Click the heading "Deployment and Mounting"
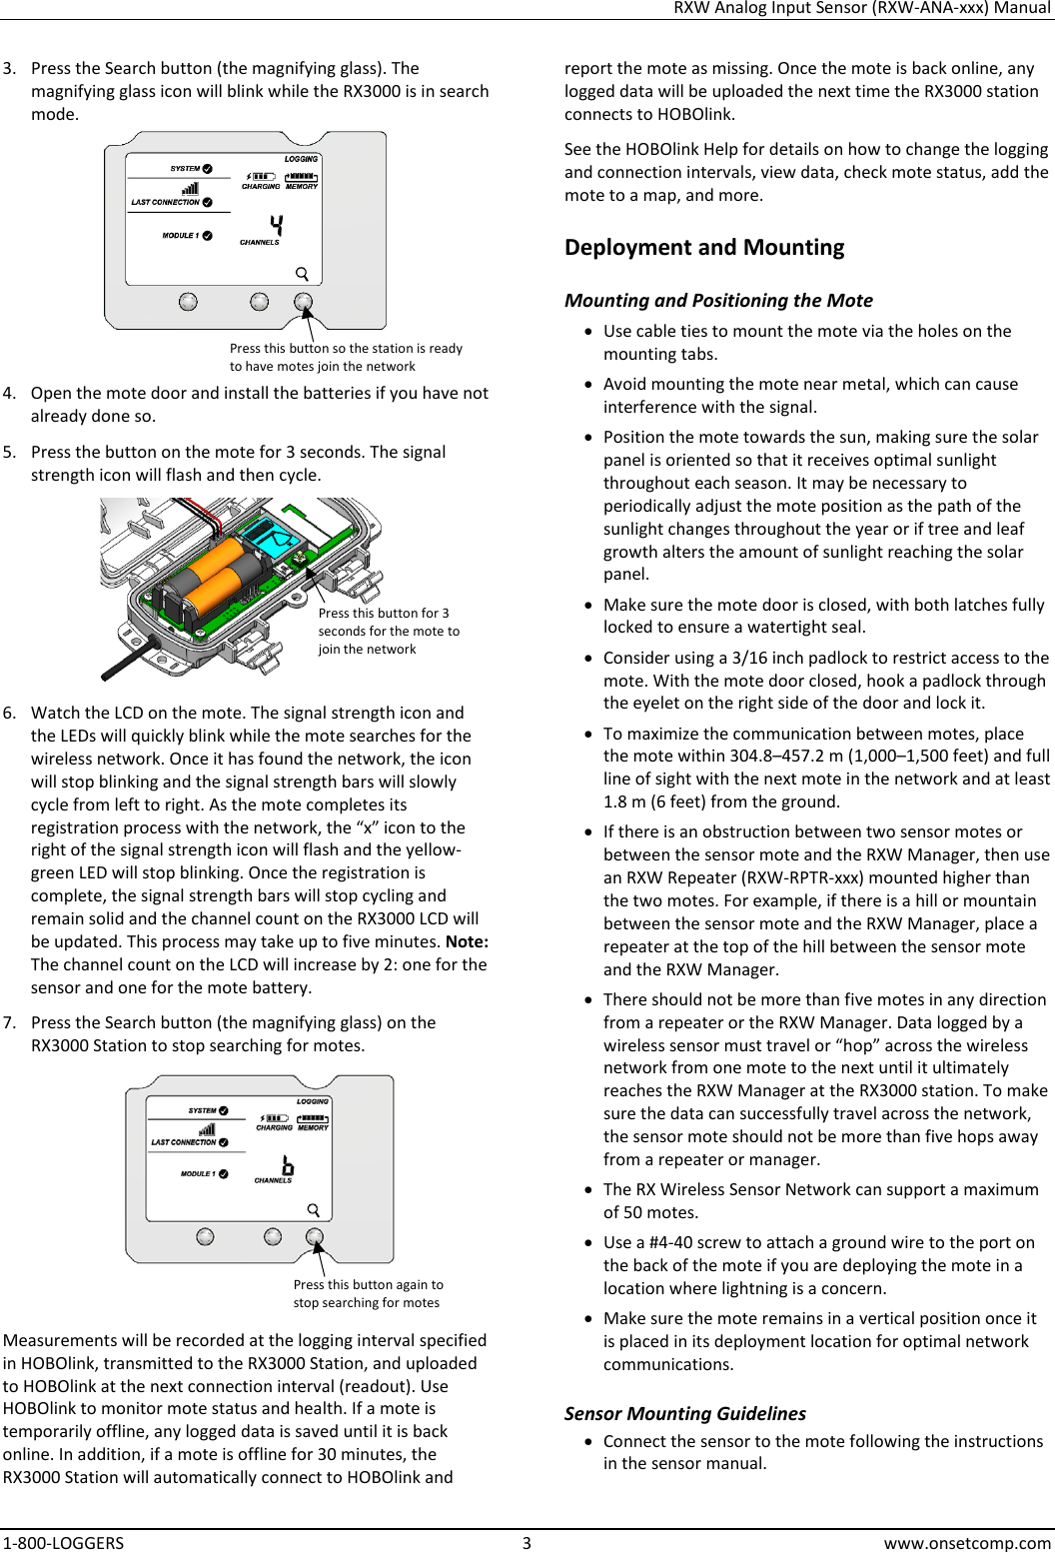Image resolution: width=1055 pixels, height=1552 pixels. (x=703, y=247)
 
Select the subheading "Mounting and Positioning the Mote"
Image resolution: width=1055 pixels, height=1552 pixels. (x=718, y=300)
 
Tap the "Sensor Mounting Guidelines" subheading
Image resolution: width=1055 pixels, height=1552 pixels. (x=684, y=1413)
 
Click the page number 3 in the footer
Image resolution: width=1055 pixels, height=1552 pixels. (x=527, y=1541)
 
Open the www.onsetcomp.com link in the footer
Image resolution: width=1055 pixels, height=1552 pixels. (x=968, y=1541)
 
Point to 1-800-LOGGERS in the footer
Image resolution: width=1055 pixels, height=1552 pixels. (x=64, y=1541)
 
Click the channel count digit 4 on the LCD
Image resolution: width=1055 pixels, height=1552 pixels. (x=275, y=225)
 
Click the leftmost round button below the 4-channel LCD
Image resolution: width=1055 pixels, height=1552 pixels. (x=188, y=302)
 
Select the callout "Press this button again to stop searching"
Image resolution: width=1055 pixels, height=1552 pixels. (x=368, y=1293)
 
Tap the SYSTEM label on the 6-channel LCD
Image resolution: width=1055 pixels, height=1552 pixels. (x=202, y=1110)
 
